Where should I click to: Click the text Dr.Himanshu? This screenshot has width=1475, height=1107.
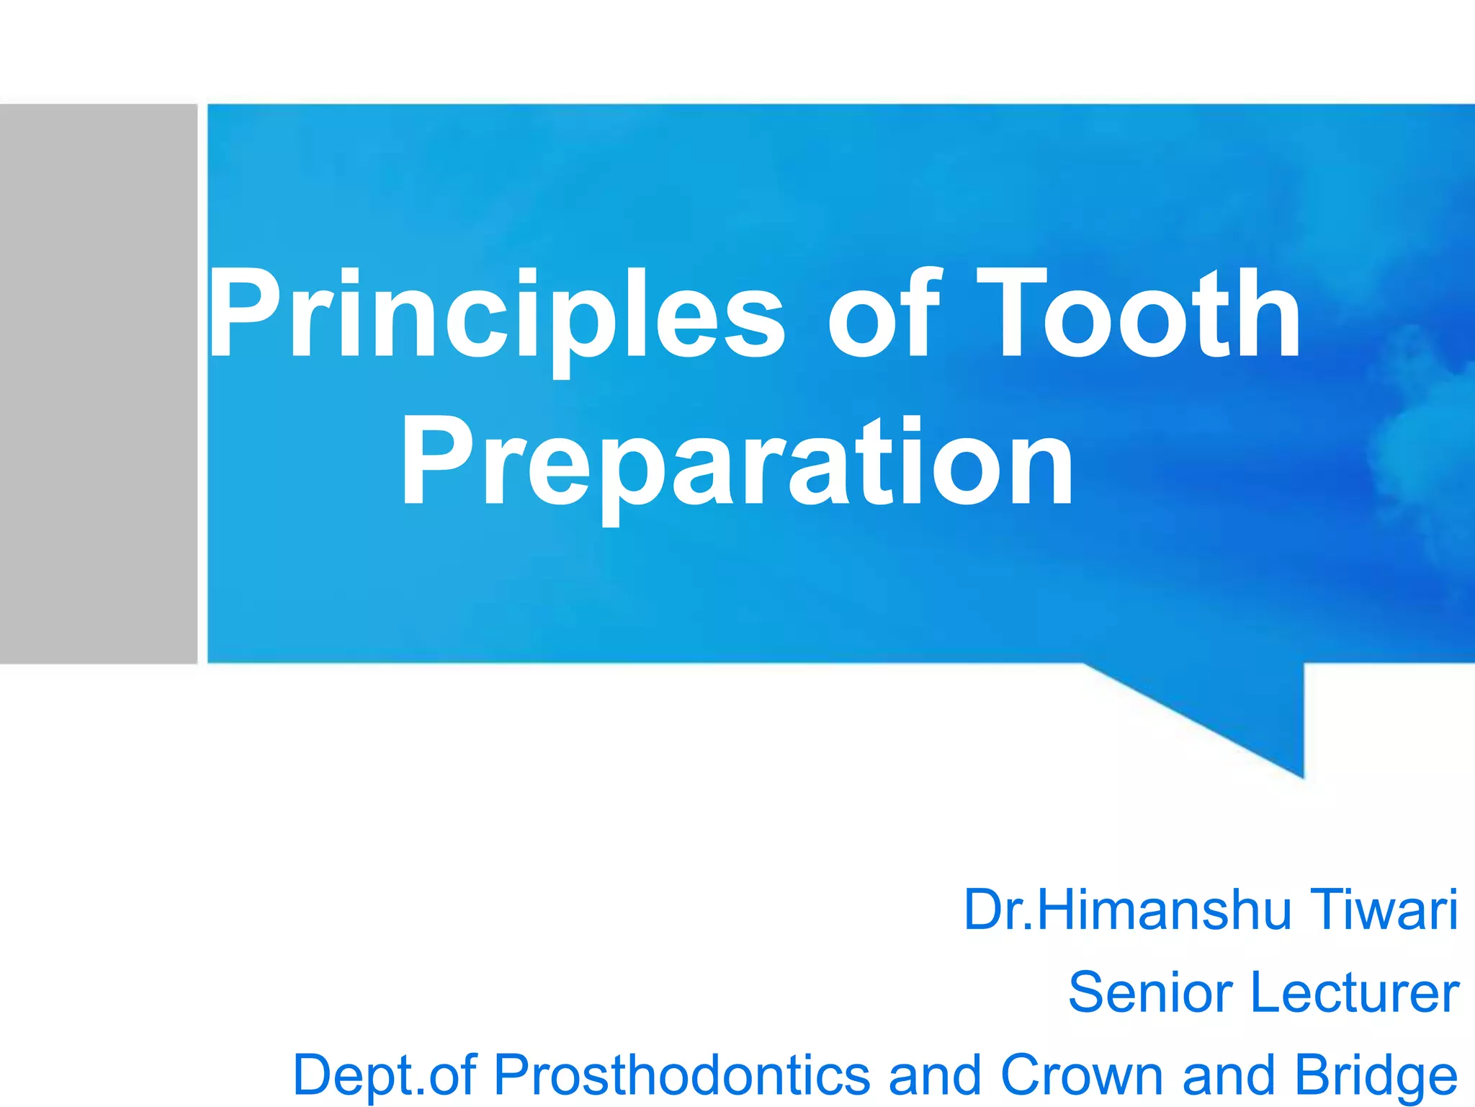click(x=1127, y=910)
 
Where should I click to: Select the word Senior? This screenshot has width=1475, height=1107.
click(x=1151, y=992)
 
